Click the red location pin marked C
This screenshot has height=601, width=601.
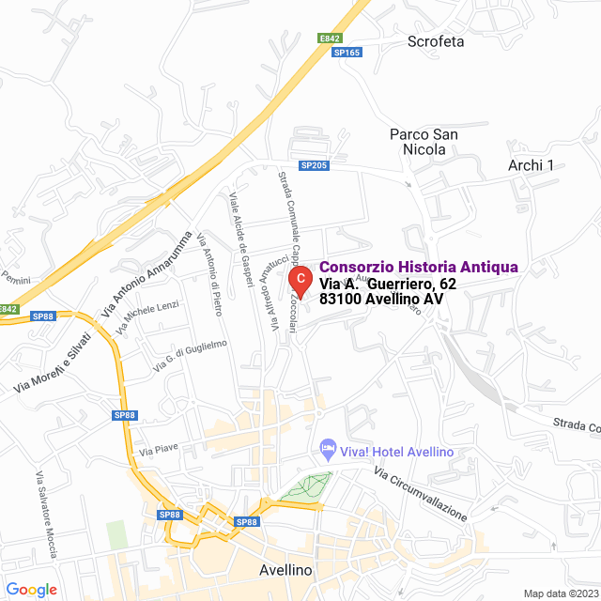click(x=299, y=279)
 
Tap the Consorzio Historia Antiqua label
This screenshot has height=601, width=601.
click(x=419, y=268)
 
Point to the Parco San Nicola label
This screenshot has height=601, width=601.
click(x=424, y=142)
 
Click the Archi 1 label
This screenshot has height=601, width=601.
click(x=531, y=165)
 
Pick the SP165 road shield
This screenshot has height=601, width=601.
click(x=347, y=53)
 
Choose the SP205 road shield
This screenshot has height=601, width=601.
click(x=314, y=165)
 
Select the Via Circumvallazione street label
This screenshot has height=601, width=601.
click(x=420, y=494)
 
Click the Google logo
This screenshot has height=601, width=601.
click(x=31, y=589)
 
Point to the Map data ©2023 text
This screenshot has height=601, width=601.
click(x=561, y=593)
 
